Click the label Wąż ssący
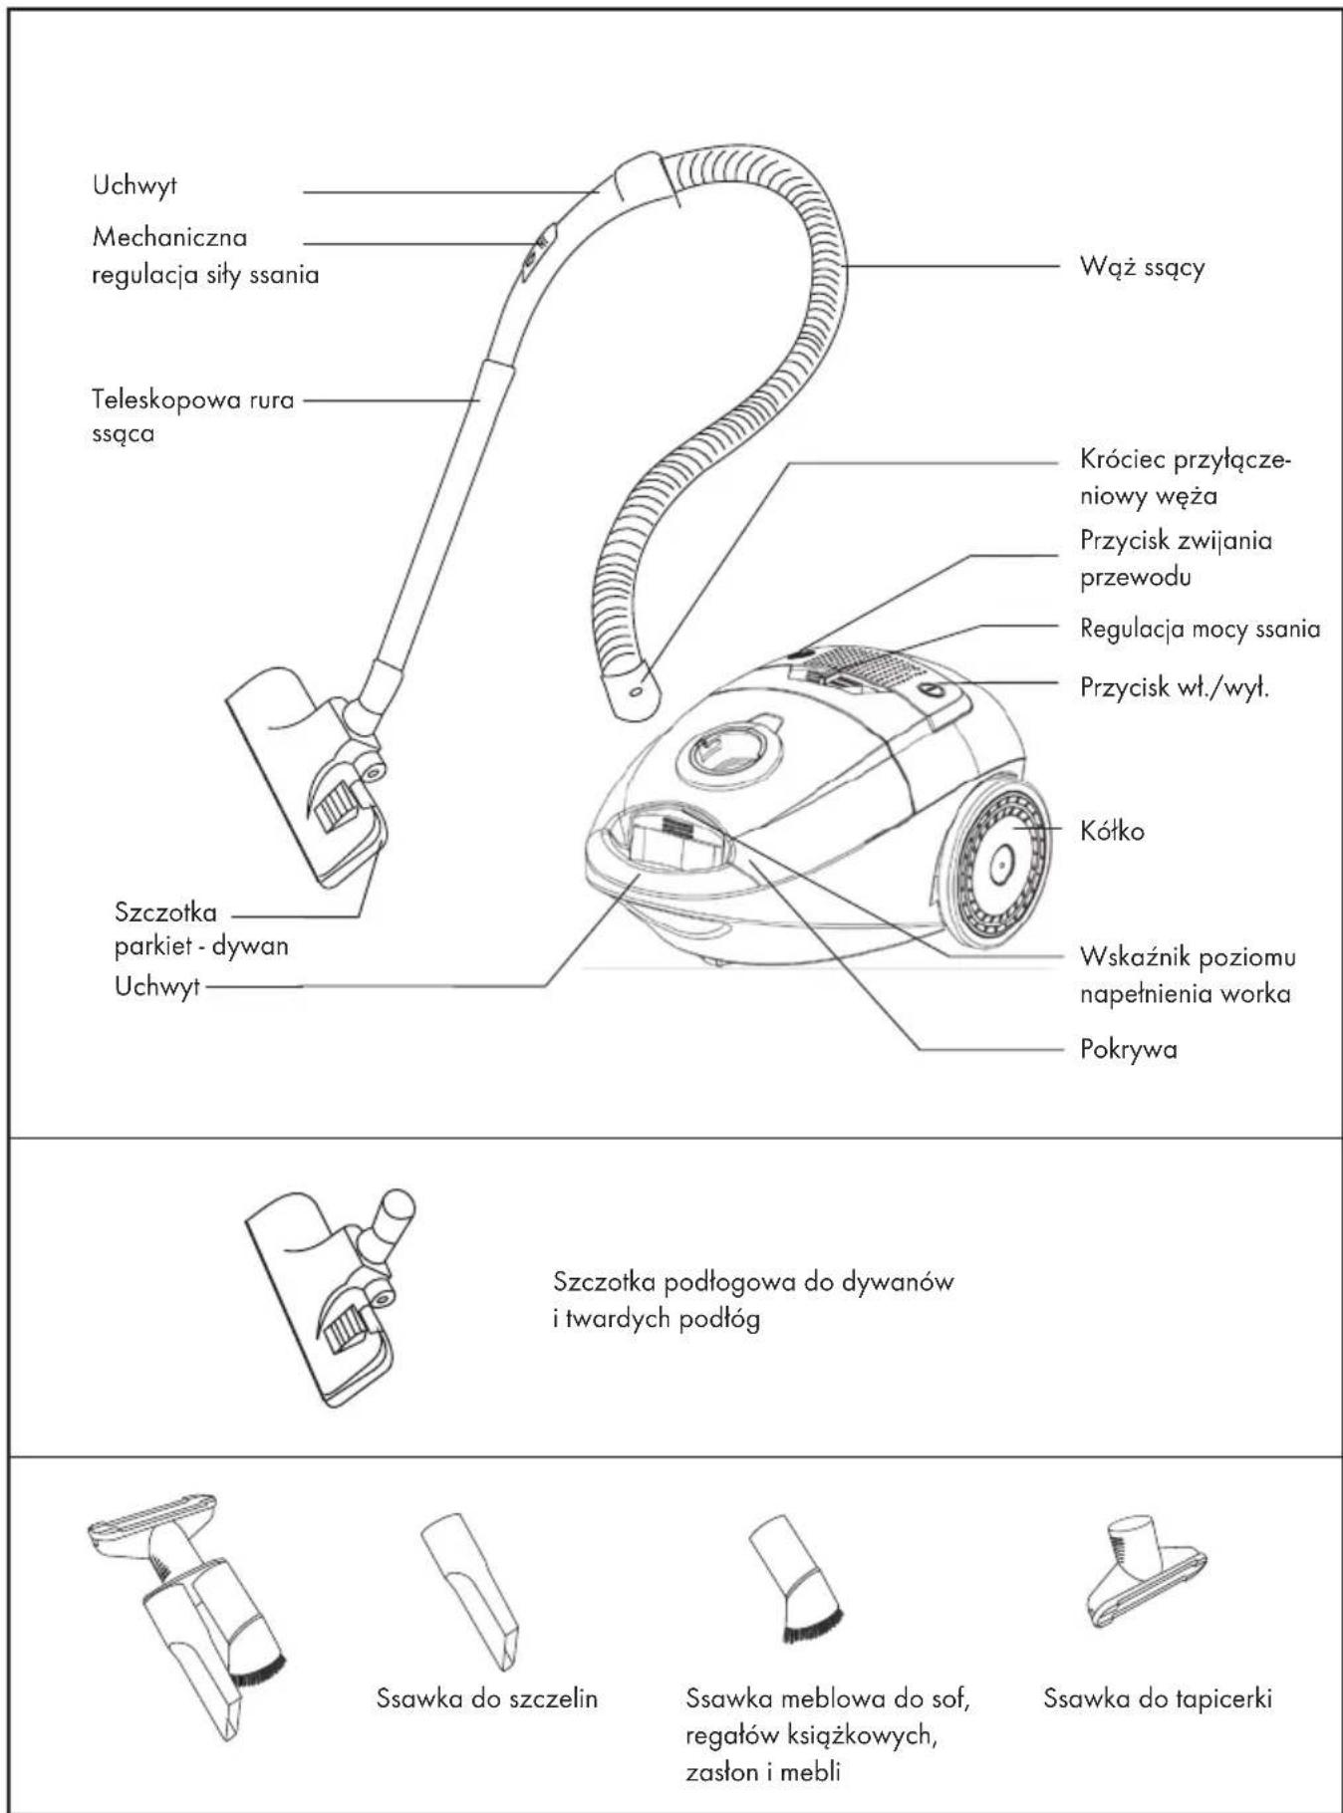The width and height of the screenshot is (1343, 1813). pos(1142,267)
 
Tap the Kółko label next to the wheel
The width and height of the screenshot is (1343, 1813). pos(1112,830)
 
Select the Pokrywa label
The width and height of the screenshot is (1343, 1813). pos(1128,1049)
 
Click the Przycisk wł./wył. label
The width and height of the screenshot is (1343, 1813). pos(1175,687)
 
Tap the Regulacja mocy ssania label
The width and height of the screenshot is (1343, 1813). pos(1200,629)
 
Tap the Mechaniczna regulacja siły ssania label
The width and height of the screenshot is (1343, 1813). pos(204,256)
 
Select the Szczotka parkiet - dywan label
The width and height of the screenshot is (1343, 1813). pos(200,928)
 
